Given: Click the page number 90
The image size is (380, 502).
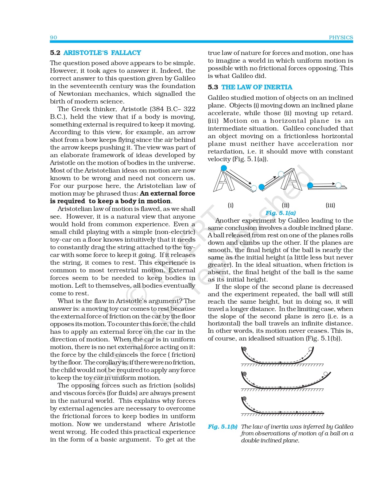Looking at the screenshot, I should (x=53, y=37).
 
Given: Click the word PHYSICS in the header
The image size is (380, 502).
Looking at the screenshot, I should (x=341, y=37).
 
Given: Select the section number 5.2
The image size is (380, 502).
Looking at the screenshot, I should (x=55, y=53).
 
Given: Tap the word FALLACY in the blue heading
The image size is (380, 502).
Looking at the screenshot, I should (x=126, y=53).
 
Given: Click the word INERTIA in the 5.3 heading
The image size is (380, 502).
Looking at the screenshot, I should (x=278, y=87).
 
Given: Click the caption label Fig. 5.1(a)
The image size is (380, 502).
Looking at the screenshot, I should (x=281, y=213).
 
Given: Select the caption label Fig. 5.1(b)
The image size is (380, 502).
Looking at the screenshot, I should (x=223, y=426).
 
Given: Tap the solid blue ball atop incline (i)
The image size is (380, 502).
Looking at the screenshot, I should (x=224, y=168).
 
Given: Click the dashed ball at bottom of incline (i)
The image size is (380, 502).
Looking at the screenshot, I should (x=254, y=188).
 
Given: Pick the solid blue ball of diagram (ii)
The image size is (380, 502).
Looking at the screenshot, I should (x=262, y=187).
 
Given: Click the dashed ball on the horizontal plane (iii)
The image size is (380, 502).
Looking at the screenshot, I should (x=338, y=185).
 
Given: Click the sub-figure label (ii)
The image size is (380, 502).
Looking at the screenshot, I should (x=285, y=205).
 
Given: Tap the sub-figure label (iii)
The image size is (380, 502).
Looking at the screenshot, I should (x=330, y=205).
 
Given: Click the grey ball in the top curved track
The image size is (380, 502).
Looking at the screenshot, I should (x=244, y=349).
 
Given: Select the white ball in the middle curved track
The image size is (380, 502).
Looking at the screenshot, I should (x=325, y=374).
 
